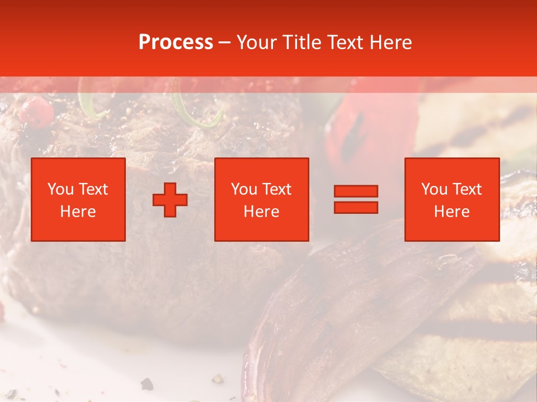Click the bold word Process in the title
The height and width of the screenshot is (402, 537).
pos(176,42)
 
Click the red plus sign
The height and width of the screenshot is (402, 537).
pos(170,200)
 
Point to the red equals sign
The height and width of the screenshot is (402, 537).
pos(356,199)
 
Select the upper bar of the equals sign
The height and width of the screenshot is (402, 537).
pos(356,192)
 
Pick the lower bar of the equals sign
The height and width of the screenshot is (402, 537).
pos(356,207)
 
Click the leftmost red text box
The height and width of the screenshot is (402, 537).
pos(78,199)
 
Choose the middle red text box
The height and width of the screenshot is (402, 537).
pos(262,199)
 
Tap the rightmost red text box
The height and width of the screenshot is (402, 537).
pos(452,199)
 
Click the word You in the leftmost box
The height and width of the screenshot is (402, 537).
pos(60,189)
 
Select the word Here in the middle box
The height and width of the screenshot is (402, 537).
pos(262,212)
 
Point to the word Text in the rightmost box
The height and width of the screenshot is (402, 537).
pos(467,189)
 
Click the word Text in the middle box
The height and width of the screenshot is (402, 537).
pos(276,189)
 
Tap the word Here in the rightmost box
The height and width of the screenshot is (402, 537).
pos(452,212)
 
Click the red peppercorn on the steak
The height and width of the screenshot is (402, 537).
pos(36,110)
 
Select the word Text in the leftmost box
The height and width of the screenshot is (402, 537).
pos(93,189)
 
